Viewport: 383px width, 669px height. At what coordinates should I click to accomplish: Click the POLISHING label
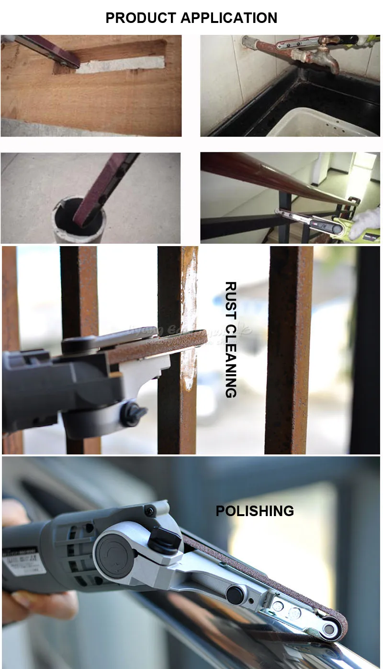[255, 511]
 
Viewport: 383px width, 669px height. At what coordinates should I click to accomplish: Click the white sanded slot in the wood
[120, 65]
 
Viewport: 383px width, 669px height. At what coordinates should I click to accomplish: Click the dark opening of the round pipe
[81, 217]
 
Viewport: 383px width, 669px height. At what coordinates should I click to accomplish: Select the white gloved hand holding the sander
[366, 222]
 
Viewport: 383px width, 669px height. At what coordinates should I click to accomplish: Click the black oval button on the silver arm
[235, 595]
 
